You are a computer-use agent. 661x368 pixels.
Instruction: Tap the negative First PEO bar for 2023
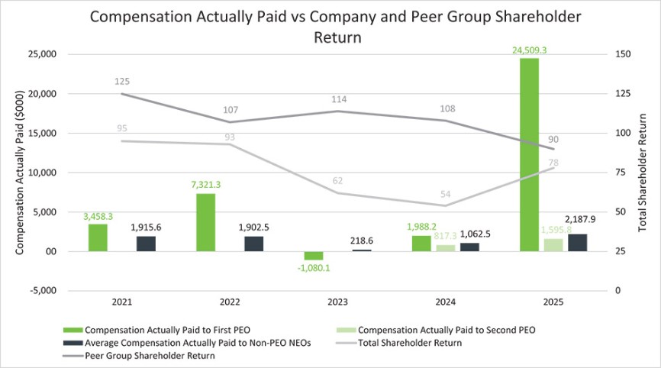(x=314, y=256)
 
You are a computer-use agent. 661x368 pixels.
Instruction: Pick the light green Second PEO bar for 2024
(x=446, y=247)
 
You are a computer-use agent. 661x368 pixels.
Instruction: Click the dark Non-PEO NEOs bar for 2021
(x=145, y=244)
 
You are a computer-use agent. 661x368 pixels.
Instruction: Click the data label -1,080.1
(x=314, y=268)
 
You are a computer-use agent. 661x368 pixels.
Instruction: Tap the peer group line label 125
(x=122, y=81)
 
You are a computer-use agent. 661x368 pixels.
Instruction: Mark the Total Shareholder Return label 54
(x=446, y=195)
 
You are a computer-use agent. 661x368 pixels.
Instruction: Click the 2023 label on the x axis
(x=337, y=302)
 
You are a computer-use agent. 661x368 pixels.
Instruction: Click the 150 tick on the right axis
(x=624, y=54)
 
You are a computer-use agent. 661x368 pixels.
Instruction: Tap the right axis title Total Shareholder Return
(x=650, y=172)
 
